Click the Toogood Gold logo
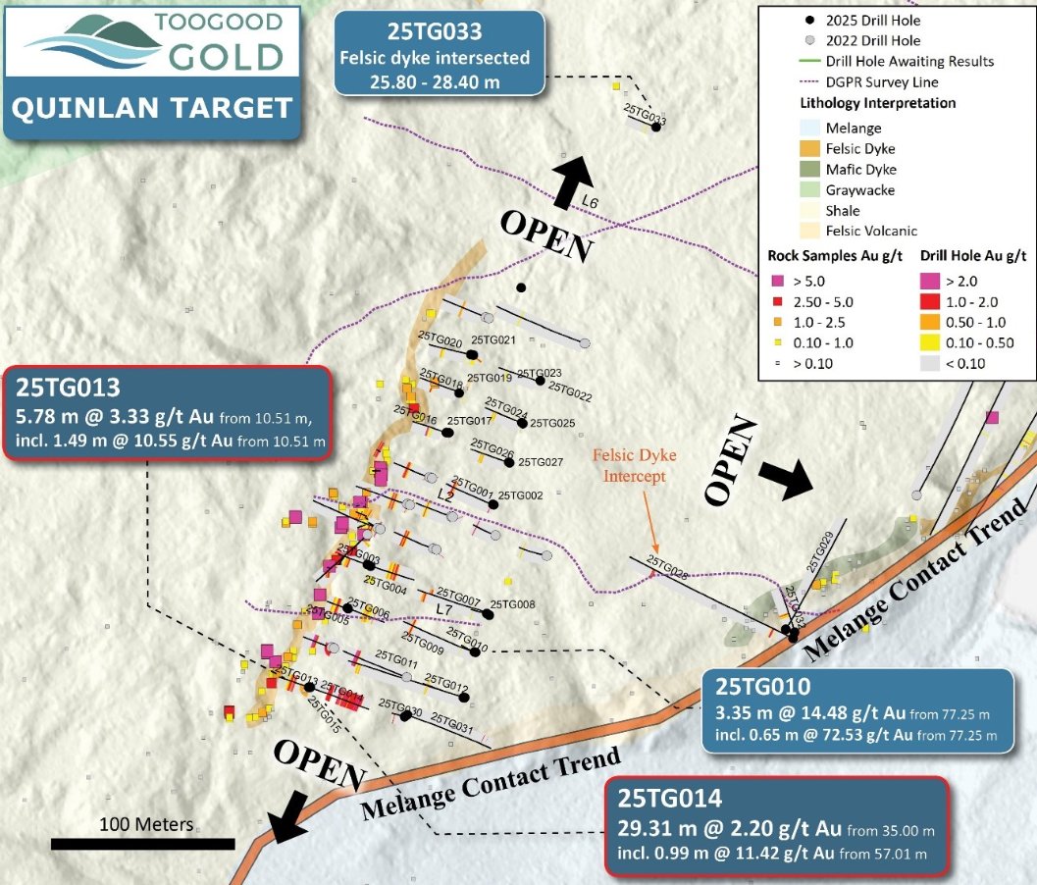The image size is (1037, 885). point(151,43)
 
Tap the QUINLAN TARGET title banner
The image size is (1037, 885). point(151,108)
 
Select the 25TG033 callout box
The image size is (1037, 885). point(439,53)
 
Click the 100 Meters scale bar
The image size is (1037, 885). point(142,842)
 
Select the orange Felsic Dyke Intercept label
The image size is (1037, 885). point(632,466)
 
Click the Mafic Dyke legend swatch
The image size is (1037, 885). point(807,170)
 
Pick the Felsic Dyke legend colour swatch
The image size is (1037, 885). point(807,149)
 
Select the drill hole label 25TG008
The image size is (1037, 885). point(512,604)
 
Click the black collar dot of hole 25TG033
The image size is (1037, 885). point(656,127)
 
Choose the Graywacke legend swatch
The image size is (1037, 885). point(807,190)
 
